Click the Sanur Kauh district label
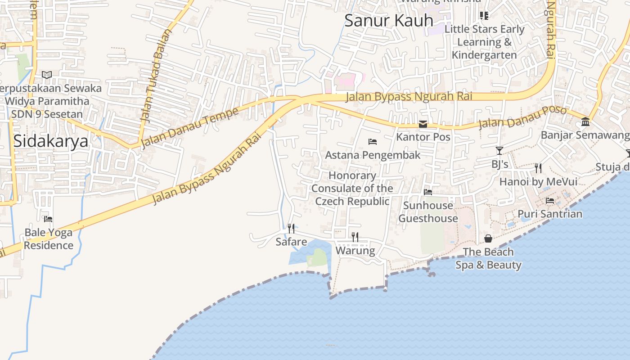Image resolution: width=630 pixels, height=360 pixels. point(389,20)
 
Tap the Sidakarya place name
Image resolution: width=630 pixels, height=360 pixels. point(50,141)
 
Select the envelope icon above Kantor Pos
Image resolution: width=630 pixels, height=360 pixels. point(423,124)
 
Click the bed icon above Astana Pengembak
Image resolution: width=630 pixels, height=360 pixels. point(372,142)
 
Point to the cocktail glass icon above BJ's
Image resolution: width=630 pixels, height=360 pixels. point(499,150)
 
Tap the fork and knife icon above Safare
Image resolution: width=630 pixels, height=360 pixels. point(291,229)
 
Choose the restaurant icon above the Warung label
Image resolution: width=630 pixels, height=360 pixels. point(355,237)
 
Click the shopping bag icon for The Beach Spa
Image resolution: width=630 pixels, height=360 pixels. point(488,238)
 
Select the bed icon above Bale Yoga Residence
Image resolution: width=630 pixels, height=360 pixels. point(48,219)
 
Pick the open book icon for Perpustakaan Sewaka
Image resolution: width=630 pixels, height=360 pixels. point(47,75)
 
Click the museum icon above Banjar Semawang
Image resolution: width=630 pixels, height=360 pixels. point(585,121)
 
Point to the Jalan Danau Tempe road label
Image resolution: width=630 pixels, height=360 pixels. point(189,128)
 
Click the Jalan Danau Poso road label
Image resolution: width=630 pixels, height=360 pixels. point(522,117)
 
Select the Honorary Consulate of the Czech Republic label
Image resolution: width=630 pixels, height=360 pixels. point(352,188)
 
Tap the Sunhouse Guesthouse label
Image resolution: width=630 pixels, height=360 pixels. point(428,212)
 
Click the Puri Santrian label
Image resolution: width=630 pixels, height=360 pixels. point(550,214)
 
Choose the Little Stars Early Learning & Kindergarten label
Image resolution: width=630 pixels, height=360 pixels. point(484,42)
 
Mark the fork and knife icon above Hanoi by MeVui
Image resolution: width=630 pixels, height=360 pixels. point(538,168)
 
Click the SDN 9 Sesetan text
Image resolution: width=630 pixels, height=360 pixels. point(47,114)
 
